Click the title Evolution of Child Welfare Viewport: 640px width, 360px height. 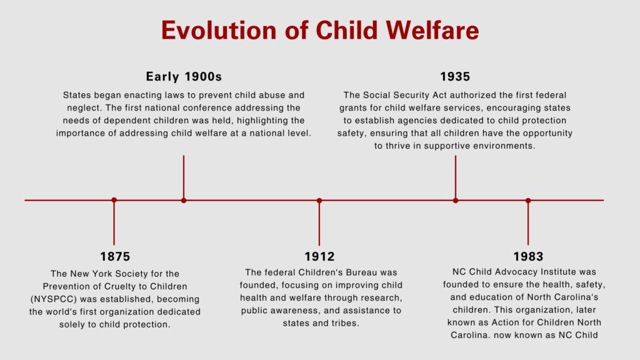[x=320, y=30]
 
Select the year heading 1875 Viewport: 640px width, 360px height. [x=115, y=256]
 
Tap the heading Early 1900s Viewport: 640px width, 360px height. [x=184, y=76]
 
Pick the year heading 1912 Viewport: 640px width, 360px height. [x=319, y=256]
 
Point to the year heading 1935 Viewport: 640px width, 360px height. [x=455, y=76]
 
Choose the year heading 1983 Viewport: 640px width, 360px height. [x=528, y=256]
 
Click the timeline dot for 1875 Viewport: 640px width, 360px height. [x=114, y=200]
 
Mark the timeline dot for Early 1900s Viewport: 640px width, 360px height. [x=184, y=201]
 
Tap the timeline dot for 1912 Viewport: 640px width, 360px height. [x=319, y=201]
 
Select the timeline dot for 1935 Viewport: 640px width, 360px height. [x=456, y=201]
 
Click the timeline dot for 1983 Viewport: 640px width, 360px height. [x=528, y=201]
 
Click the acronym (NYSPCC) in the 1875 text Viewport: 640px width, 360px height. [x=54, y=299]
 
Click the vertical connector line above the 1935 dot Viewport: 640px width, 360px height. [x=456, y=177]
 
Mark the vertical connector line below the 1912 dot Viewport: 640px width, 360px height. [x=319, y=223]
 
